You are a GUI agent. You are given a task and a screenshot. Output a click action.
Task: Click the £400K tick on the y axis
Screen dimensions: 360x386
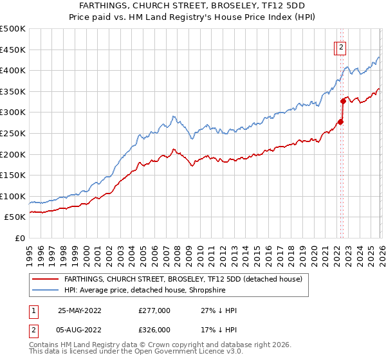[13, 70]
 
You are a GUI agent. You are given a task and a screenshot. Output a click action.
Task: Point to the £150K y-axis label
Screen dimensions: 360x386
[13, 175]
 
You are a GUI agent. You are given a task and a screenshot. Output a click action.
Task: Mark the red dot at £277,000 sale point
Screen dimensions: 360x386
[340, 122]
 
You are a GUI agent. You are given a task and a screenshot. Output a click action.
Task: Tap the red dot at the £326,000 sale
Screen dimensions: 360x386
[343, 101]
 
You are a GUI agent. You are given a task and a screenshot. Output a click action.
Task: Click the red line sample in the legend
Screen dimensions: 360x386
[46, 279]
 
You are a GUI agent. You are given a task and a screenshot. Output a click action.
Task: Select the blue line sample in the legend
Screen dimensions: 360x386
[46, 290]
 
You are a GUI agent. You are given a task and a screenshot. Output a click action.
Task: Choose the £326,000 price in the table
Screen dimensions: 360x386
[154, 330]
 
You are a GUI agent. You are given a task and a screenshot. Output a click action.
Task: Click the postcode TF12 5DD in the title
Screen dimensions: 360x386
[284, 5]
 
